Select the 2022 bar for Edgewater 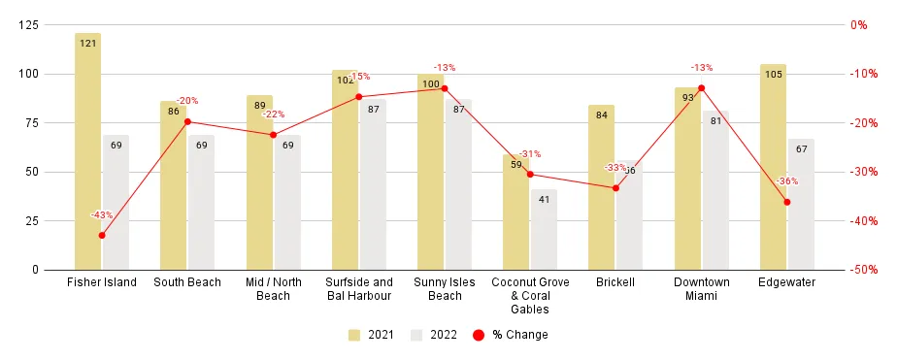(801, 204)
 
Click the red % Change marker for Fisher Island (102, 236)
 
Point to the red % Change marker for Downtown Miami (702, 88)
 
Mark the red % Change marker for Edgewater (787, 202)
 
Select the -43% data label (101, 215)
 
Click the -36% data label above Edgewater (787, 181)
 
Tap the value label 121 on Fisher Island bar (87, 43)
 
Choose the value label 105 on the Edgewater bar (774, 74)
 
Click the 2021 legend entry (369, 335)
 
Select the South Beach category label (187, 282)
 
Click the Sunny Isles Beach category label (445, 289)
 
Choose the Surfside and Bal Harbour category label (359, 289)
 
